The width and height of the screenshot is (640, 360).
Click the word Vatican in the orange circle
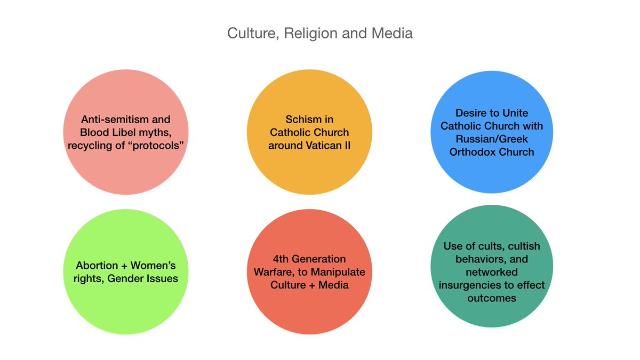[x=320, y=145]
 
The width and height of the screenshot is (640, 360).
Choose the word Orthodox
[x=474, y=151]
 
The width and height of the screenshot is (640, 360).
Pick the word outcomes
[x=491, y=298]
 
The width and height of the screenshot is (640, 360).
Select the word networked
[x=491, y=272]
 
